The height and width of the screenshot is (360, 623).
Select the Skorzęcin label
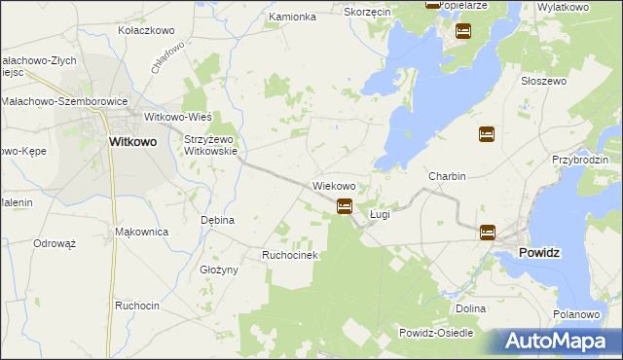[368, 12]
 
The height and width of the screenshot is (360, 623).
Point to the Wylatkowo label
[563, 7]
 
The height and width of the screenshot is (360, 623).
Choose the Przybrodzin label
[579, 159]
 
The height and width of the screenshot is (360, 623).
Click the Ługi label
[380, 213]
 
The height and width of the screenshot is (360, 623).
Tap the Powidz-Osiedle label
[435, 333]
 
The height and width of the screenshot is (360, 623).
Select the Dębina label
[217, 220]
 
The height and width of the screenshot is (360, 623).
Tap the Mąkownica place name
[142, 232]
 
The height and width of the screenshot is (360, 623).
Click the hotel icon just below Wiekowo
[344, 205]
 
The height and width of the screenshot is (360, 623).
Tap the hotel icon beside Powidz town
[487, 232]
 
